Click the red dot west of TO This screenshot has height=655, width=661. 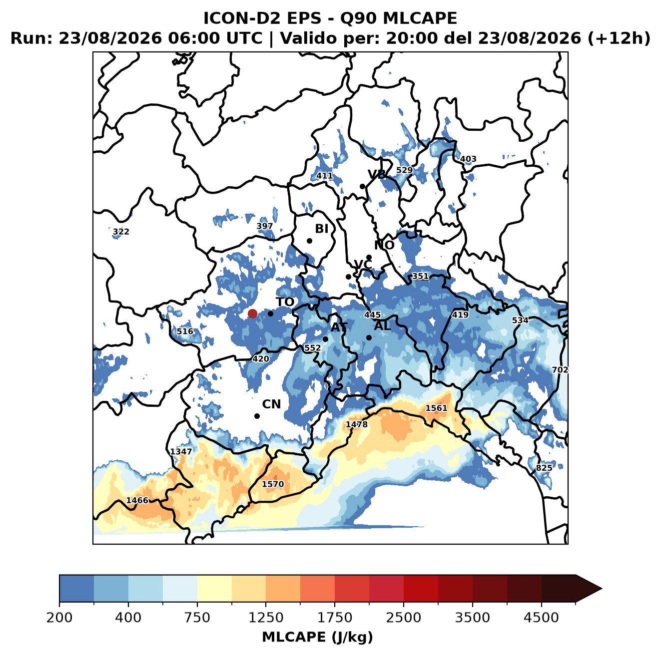click(x=252, y=314)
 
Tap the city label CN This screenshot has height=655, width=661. click(x=271, y=404)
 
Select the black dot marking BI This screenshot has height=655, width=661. click(x=309, y=241)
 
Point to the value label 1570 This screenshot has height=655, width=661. click(x=273, y=484)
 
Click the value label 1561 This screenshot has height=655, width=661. click(x=436, y=408)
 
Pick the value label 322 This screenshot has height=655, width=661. click(x=121, y=232)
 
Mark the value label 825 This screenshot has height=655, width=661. click(x=544, y=468)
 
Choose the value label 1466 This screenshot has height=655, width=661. click(x=137, y=500)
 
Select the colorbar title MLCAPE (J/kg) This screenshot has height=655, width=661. click(x=317, y=637)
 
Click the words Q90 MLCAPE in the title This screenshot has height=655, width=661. click(x=398, y=18)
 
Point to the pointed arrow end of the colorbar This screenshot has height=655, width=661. click(x=602, y=589)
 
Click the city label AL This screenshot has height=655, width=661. click(x=382, y=326)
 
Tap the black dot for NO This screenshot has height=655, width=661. click(x=369, y=257)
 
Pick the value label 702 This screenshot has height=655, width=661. click(x=560, y=370)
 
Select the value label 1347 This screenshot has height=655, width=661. click(x=181, y=451)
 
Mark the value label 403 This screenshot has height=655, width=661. click(x=468, y=159)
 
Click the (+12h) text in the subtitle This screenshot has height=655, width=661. click(x=619, y=38)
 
